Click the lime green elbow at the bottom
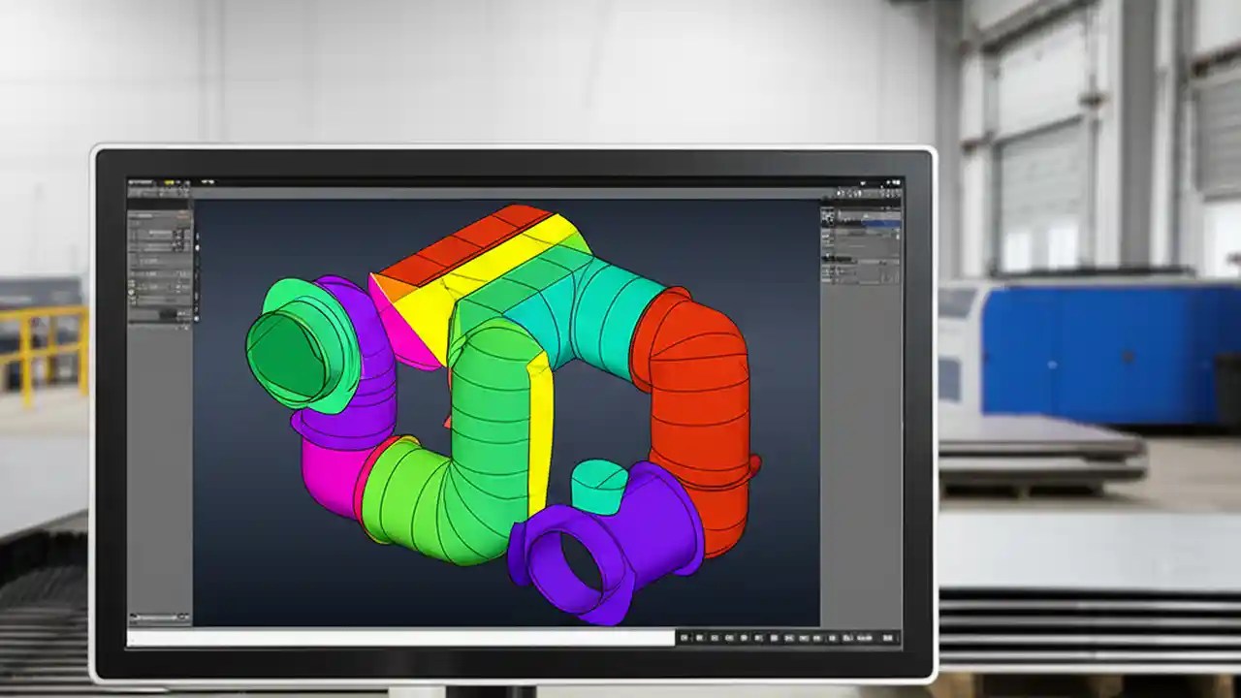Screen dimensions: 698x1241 coord(427,504)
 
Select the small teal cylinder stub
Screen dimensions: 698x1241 coord(599,485)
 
